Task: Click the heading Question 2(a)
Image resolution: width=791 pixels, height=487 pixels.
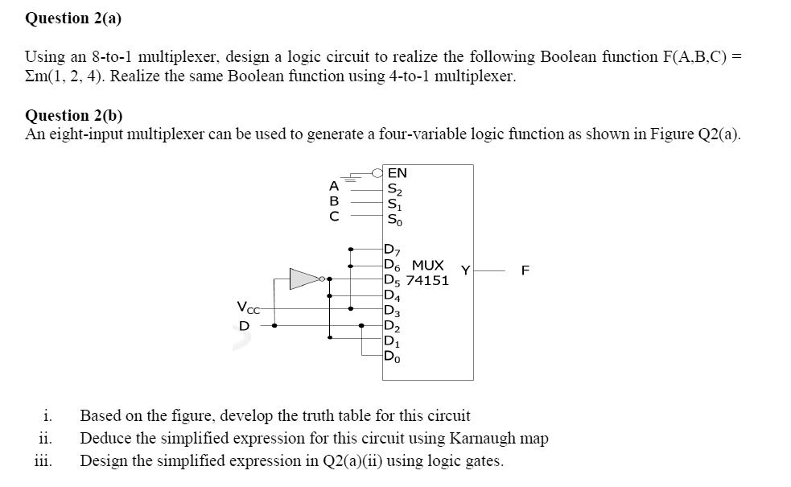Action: click(73, 19)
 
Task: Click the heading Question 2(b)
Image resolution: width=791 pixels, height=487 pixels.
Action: click(74, 116)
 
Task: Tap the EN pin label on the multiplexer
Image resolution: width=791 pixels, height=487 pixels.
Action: click(397, 173)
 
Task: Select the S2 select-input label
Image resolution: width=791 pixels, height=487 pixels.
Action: click(394, 189)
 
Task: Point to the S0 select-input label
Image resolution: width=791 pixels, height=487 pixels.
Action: click(394, 220)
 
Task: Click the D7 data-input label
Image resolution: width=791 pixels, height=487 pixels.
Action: click(392, 250)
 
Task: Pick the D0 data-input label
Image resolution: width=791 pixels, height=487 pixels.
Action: click(392, 357)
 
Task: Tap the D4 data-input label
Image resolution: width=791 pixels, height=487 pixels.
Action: click(392, 295)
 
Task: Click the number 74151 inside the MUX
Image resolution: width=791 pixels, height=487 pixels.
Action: click(427, 281)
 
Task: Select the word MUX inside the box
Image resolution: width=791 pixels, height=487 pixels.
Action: click(428, 265)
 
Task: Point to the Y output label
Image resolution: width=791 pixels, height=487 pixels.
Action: click(466, 270)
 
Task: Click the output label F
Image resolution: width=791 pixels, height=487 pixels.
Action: click(525, 270)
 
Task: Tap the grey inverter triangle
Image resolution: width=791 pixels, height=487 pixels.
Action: click(305, 279)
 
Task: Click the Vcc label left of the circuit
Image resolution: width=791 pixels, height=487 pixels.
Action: click(248, 307)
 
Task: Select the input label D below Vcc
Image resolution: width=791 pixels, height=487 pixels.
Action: click(244, 326)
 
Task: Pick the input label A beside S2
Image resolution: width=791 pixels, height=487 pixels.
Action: click(334, 186)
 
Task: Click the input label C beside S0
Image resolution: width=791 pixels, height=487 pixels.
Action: click(334, 217)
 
